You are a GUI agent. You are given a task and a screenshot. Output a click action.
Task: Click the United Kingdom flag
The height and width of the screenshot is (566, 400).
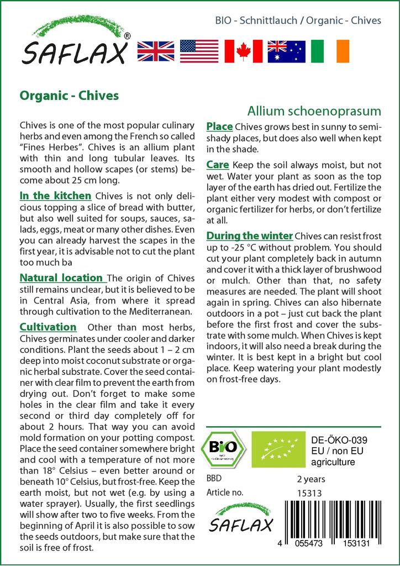[155, 51]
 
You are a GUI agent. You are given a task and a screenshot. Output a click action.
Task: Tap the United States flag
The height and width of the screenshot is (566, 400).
[199, 51]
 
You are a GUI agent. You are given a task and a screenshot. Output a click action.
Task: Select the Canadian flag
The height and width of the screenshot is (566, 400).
[243, 51]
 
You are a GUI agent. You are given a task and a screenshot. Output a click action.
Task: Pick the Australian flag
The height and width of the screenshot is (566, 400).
[286, 51]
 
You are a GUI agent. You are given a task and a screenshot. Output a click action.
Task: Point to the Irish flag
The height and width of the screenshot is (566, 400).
[330, 51]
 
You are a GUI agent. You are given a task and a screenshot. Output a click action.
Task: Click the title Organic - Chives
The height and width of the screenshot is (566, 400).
[69, 95]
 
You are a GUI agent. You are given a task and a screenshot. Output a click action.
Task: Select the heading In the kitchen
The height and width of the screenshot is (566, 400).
[55, 196]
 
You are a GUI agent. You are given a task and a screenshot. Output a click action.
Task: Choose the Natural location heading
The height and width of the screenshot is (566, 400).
[61, 277]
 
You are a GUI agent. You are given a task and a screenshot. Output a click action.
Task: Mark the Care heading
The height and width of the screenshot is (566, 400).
[218, 164]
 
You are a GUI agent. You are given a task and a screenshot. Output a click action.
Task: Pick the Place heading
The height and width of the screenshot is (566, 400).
[219, 127]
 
